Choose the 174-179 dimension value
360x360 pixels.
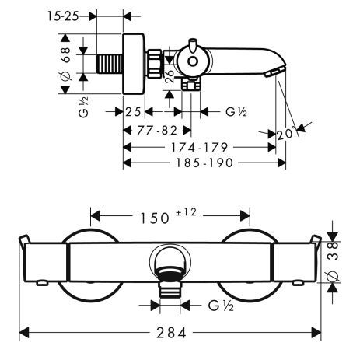197,146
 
